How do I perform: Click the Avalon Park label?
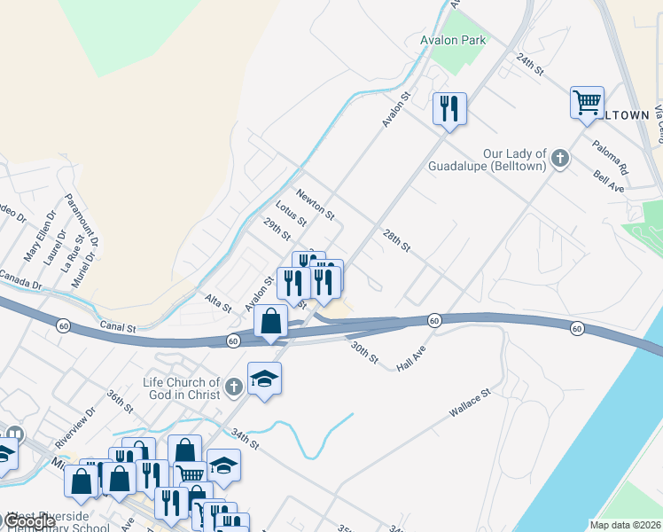pos(453,40)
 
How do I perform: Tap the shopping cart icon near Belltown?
pos(587,103)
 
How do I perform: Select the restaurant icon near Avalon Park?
pos(449,109)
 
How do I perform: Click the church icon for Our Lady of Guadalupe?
pos(558,159)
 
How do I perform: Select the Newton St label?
pos(316,205)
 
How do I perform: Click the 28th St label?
pos(396,240)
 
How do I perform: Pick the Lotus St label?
pos(291,214)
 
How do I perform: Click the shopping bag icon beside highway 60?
pos(271,321)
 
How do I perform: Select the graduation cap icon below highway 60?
pos(264,379)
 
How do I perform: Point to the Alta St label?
pos(217,304)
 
